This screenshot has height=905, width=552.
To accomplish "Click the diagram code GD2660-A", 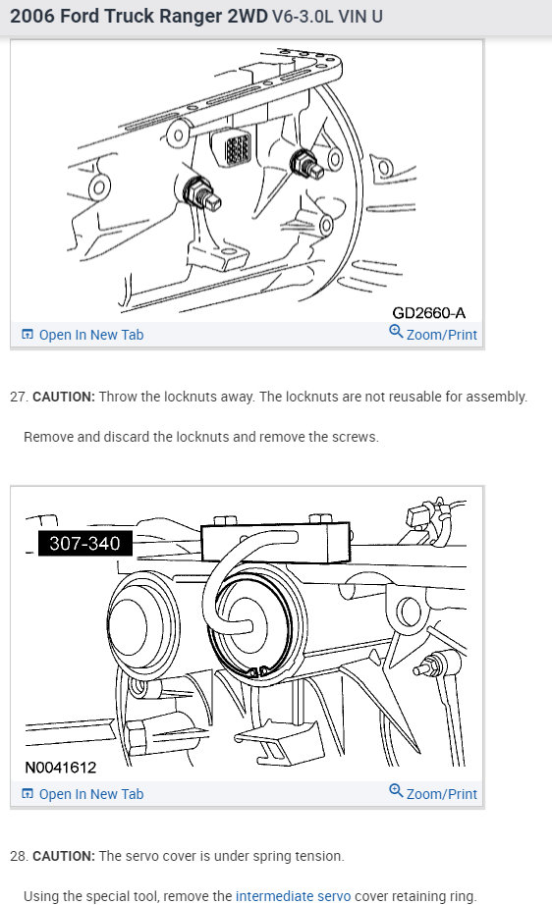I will [x=428, y=313].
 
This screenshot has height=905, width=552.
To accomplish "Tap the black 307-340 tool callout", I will [x=84, y=543].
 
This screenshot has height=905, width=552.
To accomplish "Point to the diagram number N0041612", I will [x=61, y=768].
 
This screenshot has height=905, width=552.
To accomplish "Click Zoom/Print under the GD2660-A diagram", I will [x=441, y=335].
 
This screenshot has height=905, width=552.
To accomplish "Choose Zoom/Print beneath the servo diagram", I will [x=441, y=794].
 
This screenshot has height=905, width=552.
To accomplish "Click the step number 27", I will [x=17, y=398].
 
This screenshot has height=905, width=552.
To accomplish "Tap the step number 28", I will [x=17, y=856].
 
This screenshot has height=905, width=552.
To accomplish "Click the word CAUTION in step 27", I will [x=64, y=398].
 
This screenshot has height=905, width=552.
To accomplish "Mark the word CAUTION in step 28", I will [x=64, y=856].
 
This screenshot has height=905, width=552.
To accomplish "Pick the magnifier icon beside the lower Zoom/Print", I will [x=396, y=792].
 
